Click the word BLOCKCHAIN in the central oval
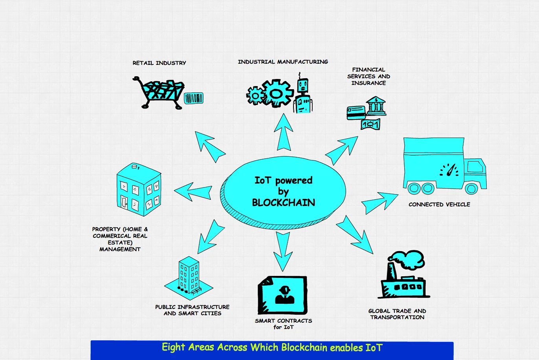pos(283,203)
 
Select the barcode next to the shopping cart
pos(194,98)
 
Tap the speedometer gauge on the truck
pos(450,170)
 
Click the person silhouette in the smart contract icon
pos(284,295)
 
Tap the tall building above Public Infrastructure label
pos(189,276)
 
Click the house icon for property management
pos(139,190)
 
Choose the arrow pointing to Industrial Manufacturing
pos(283,133)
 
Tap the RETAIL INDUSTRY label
pos(159,63)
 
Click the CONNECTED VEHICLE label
pos(439,204)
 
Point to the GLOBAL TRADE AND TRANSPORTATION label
pos(397,314)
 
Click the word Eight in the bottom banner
pos(173,347)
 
